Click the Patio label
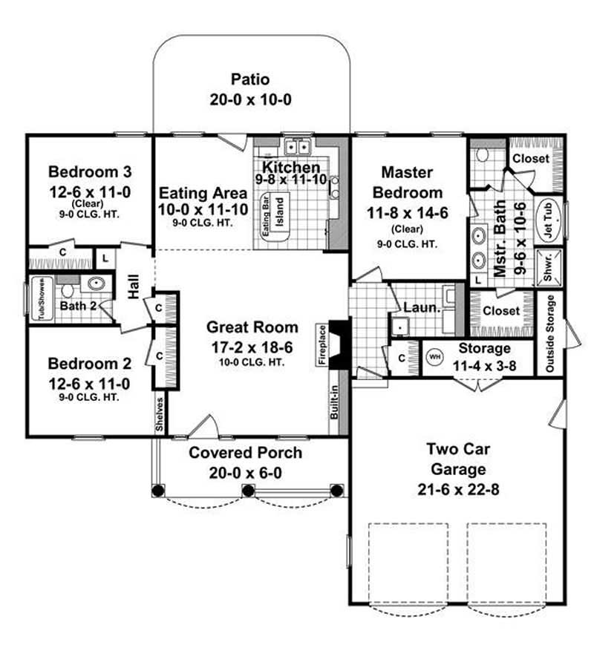click(249, 79)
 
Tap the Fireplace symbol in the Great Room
click(338, 344)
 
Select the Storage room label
click(484, 348)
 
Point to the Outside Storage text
click(550, 334)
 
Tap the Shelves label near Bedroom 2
click(159, 420)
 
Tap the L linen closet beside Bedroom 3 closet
click(105, 258)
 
